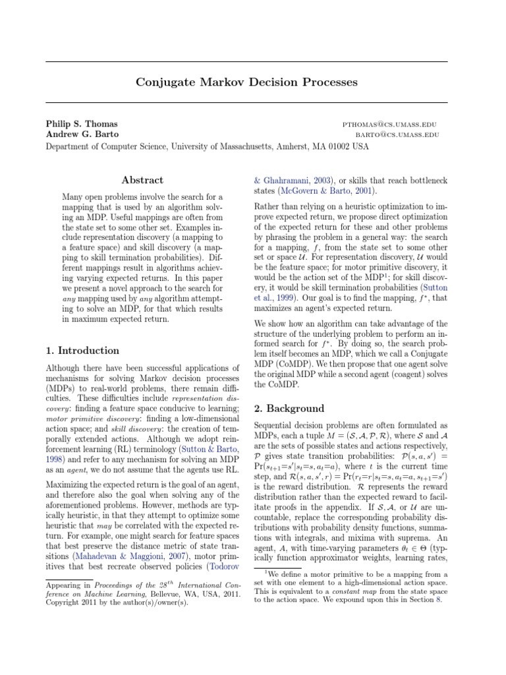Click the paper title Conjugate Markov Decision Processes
(246, 82)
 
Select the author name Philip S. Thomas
(82, 124)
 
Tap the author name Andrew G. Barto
(82, 134)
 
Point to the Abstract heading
(142, 180)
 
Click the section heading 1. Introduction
(82, 351)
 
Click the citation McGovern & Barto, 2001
(318, 191)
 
